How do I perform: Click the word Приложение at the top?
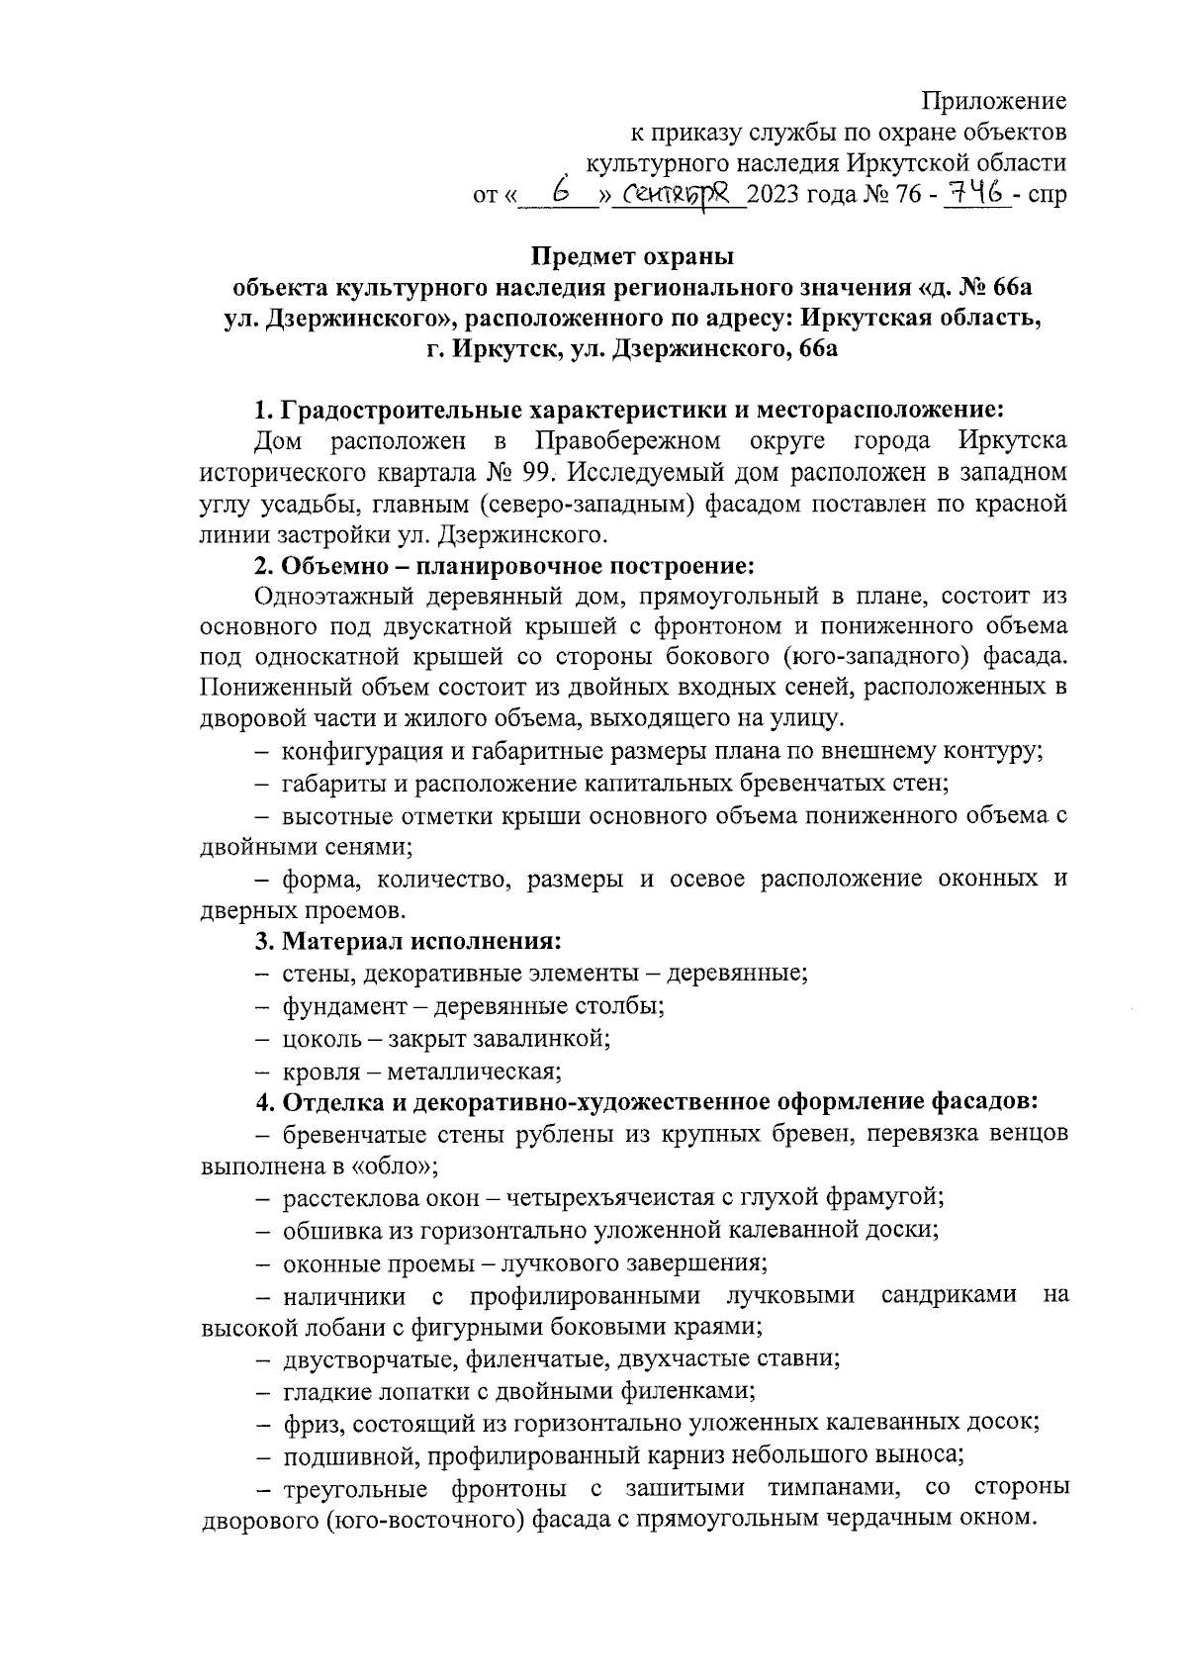[993, 101]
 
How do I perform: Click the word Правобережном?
[627, 439]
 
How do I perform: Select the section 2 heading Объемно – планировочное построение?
[504, 566]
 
